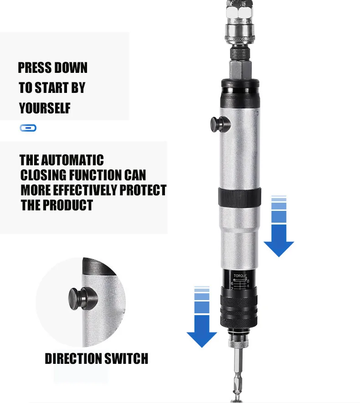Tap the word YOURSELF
45,108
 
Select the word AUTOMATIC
72,160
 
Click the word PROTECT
143,190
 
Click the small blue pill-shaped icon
28,128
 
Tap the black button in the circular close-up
82,299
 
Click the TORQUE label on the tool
240,276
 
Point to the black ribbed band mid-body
240,197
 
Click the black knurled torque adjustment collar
239,308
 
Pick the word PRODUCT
67,205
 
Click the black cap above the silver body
240,93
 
